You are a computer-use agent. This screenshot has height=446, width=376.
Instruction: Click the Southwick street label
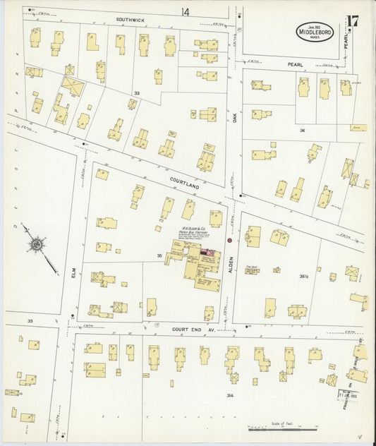[x=132, y=20]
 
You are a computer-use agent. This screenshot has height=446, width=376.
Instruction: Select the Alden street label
[x=230, y=263]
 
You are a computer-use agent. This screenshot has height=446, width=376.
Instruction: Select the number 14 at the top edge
[x=186, y=12]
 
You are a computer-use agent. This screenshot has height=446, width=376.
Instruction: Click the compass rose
[x=36, y=244]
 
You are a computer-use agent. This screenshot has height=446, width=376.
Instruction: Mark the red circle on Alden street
[x=229, y=241]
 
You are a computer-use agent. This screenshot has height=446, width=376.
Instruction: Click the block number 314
[x=229, y=395]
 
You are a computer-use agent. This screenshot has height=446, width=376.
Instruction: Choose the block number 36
[x=301, y=131]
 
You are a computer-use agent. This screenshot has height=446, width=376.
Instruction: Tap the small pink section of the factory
[x=208, y=251]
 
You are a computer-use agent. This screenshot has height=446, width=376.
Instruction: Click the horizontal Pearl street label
[x=294, y=64]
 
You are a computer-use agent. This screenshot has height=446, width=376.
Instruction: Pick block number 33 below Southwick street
[x=137, y=92]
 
